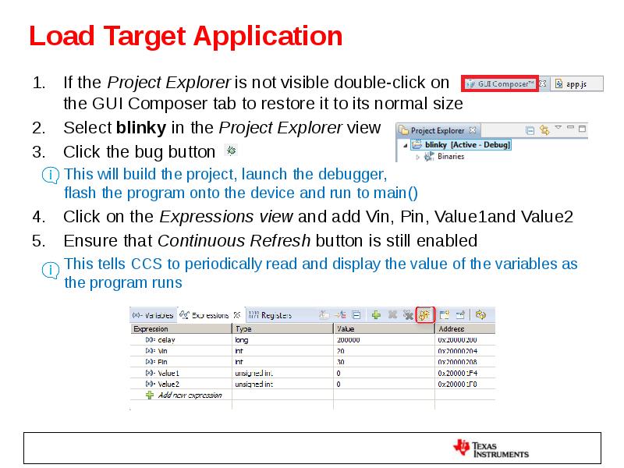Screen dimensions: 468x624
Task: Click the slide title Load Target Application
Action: point(186,37)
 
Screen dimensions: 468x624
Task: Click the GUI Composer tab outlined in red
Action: point(499,83)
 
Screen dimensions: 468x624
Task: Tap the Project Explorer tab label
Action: point(438,130)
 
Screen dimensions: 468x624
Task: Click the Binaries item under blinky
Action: point(450,156)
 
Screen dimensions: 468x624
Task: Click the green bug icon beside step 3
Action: point(231,150)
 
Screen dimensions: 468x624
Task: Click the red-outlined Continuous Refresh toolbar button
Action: point(424,315)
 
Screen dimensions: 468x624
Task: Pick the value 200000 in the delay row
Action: point(349,340)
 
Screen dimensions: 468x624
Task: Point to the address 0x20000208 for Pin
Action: point(457,362)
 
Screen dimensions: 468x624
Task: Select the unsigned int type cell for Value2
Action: point(254,384)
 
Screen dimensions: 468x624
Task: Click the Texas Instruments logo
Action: point(491,447)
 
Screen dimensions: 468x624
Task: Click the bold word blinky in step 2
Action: point(140,128)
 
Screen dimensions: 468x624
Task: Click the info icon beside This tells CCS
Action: point(51,270)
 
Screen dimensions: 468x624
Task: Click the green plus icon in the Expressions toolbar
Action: point(375,315)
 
